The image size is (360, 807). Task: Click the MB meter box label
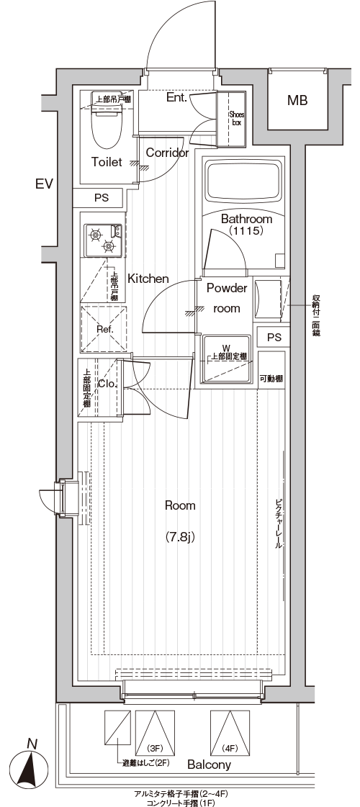[297, 100]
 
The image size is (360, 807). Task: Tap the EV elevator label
[45, 184]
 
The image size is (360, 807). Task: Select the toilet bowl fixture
[107, 126]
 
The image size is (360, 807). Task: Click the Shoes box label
[237, 119]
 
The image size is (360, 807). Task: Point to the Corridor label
[167, 153]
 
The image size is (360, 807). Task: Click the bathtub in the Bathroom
[245, 181]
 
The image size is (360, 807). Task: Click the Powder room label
[227, 298]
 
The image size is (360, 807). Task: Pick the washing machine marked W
[227, 359]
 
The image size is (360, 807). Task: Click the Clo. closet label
[108, 384]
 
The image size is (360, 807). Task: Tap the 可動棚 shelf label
[271, 379]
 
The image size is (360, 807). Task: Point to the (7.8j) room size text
[180, 537]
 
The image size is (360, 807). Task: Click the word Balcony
[209, 765]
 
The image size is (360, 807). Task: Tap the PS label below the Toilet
[102, 198]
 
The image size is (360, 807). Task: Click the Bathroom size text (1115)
[246, 231]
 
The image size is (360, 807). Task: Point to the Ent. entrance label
[176, 97]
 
